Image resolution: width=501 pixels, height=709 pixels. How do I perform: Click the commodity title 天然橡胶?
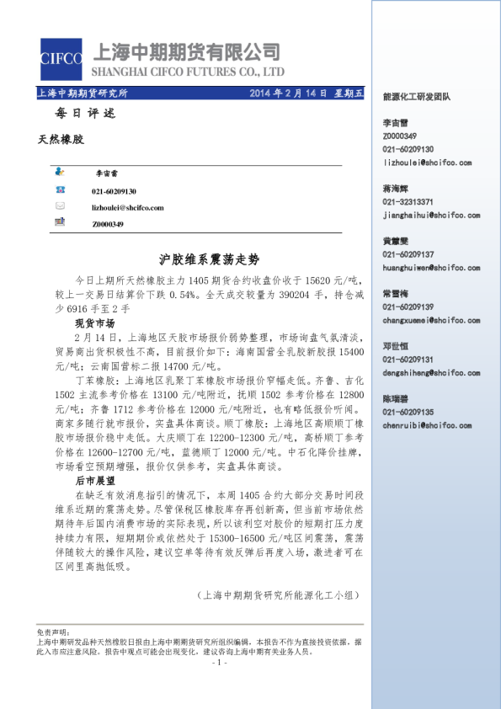click(x=61, y=137)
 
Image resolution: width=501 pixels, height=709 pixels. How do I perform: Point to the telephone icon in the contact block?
click(x=61, y=191)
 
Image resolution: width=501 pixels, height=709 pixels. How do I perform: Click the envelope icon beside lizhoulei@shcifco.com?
click(x=61, y=206)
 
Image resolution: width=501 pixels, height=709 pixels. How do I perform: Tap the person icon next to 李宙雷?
click(x=61, y=172)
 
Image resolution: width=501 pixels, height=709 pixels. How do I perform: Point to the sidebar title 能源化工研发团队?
click(x=416, y=98)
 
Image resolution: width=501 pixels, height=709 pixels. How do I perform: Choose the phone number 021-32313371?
click(x=408, y=202)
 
